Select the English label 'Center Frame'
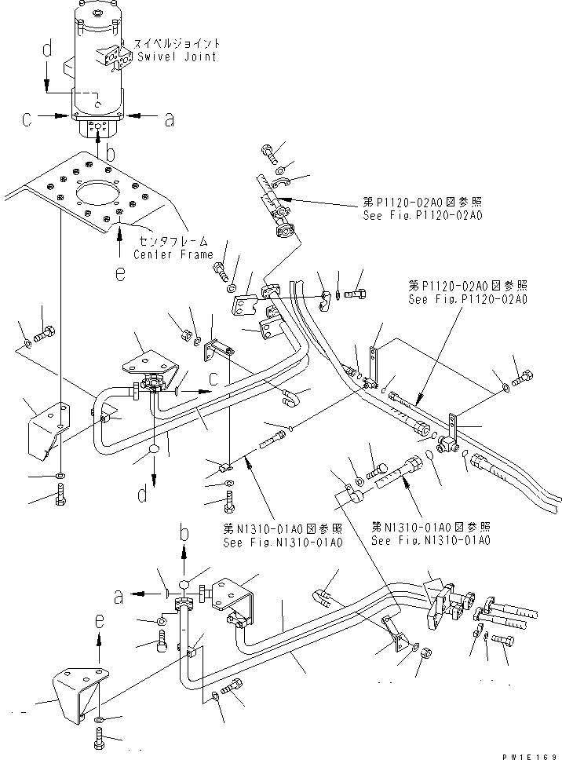coord(173,254)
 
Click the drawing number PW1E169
coord(531,754)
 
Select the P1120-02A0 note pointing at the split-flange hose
coord(421,208)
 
